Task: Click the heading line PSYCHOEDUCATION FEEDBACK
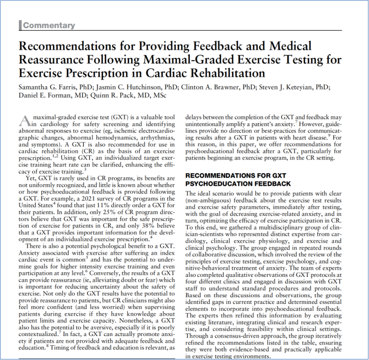237,183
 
